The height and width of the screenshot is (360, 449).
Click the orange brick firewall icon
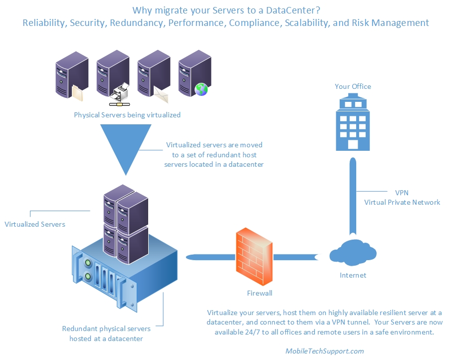(x=254, y=257)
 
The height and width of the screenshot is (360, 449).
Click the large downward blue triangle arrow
(x=127, y=147)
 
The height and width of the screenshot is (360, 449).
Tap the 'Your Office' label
(x=353, y=86)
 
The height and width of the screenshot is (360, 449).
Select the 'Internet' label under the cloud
(x=353, y=275)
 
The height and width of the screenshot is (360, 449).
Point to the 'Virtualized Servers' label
(x=35, y=224)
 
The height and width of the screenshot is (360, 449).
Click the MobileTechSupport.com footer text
(x=324, y=351)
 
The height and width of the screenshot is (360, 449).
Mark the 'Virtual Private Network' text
(x=402, y=202)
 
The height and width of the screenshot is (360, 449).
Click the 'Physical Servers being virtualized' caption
(x=127, y=115)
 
